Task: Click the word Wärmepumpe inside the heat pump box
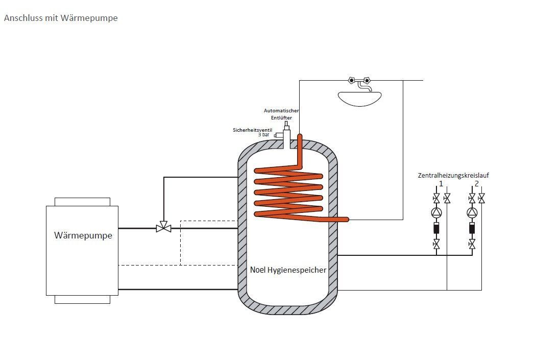83,236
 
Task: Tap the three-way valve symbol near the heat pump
164,229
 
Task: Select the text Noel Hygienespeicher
288,270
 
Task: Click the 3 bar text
263,135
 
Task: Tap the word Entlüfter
281,118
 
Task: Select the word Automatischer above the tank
281,111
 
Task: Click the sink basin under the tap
359,98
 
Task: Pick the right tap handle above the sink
367,80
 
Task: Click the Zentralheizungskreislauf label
454,176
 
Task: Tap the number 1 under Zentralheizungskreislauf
440,183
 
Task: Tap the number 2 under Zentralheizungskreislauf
476,183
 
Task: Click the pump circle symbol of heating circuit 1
436,212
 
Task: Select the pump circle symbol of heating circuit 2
472,212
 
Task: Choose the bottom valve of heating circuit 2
472,245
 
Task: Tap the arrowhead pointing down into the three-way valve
164,223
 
